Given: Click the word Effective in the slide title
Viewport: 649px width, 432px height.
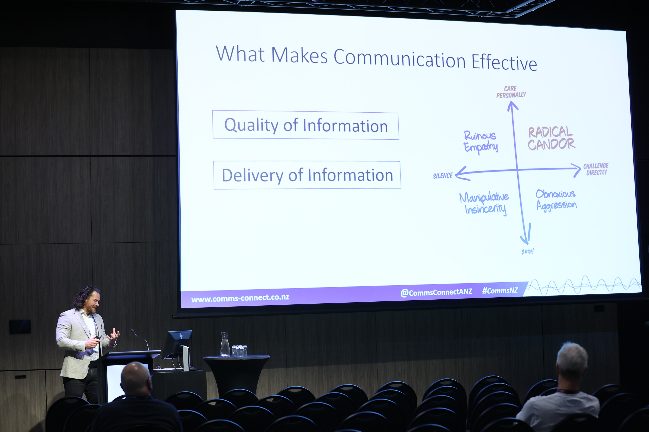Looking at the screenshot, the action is [x=504, y=62].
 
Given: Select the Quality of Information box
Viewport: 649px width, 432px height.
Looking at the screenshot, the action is [x=306, y=125].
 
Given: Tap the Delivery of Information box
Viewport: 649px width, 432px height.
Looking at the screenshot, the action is [x=307, y=175].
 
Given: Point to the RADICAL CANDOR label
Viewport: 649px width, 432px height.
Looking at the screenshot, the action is [x=551, y=138].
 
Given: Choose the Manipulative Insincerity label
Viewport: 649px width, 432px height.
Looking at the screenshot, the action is [x=484, y=203].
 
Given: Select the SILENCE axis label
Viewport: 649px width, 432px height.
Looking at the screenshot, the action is [x=443, y=176].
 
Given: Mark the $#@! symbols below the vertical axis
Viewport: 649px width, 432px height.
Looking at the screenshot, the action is [x=527, y=251].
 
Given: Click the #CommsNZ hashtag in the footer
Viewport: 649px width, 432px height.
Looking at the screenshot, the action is [x=500, y=290].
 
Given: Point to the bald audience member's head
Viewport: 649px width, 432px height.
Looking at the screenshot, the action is [x=136, y=378].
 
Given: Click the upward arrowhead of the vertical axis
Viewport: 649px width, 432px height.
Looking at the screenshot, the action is [x=513, y=106].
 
